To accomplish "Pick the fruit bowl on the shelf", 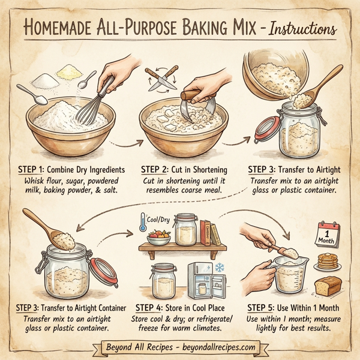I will click(159, 235).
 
